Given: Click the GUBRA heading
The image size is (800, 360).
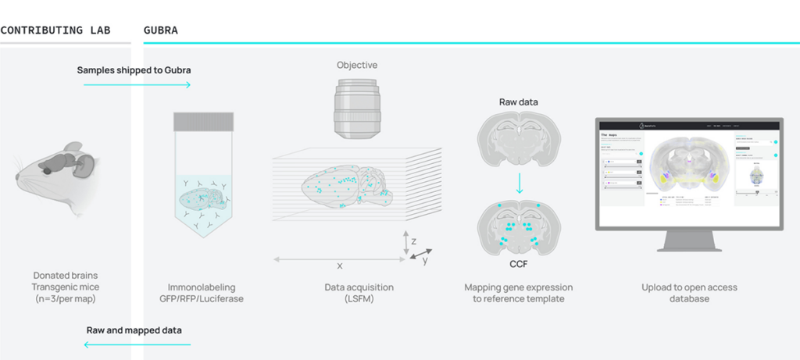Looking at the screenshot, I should pyautogui.click(x=161, y=30).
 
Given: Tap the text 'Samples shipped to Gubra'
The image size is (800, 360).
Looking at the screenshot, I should pyautogui.click(x=134, y=70).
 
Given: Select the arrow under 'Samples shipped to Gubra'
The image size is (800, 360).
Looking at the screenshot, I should pyautogui.click(x=137, y=84).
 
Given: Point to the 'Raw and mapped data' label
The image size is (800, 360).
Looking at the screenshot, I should pyautogui.click(x=134, y=330).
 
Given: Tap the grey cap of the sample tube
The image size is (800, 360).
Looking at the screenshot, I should pyautogui.click(x=203, y=121).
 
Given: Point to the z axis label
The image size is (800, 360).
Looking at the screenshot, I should pyautogui.click(x=413, y=242).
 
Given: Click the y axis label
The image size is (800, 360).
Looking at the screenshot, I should pyautogui.click(x=425, y=261).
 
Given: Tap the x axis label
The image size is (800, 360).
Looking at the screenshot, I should pyautogui.click(x=340, y=266).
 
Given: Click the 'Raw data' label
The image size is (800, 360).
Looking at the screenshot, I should pyautogui.click(x=519, y=102).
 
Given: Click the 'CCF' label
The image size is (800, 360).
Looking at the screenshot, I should pyautogui.click(x=519, y=264).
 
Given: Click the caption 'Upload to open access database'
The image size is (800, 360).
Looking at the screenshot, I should pyautogui.click(x=689, y=294).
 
